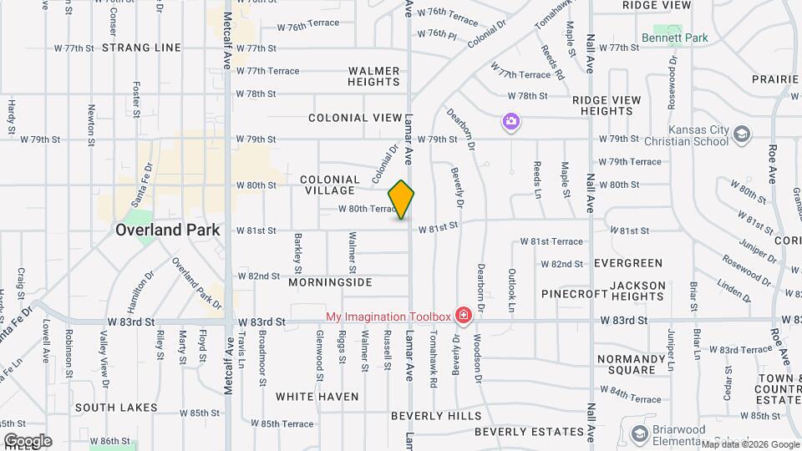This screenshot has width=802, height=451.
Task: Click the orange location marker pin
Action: [402, 200]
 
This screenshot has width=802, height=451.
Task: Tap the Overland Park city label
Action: [167, 230]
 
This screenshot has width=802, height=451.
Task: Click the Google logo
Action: [27, 441]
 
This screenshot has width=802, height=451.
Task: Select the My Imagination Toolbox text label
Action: [388, 316]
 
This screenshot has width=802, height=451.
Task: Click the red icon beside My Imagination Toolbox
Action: [463, 316]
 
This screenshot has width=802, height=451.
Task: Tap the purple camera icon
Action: [510, 123]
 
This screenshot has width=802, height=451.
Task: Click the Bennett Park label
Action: [674, 38]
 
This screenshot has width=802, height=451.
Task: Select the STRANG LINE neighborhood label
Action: [141, 48]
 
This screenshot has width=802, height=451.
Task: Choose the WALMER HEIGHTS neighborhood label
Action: [374, 76]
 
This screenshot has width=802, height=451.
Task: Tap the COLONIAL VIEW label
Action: [355, 118]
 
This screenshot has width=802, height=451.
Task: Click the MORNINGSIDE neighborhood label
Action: [330, 282]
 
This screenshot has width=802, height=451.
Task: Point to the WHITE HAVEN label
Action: [317, 397]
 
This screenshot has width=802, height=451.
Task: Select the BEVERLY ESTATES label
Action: [529, 432]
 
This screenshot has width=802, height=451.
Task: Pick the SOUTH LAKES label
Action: [115, 408]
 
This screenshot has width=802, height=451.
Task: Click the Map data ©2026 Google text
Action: [749, 443]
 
